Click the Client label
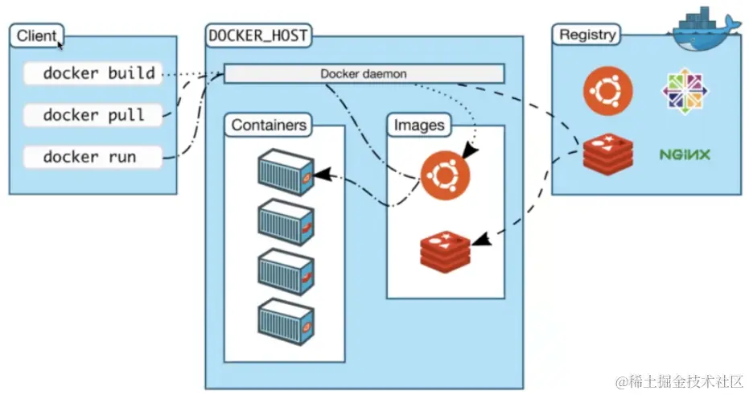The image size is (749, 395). (37, 35)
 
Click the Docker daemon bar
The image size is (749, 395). (364, 74)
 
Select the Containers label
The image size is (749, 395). (269, 125)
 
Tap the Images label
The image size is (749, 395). (418, 125)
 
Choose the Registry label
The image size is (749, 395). (587, 35)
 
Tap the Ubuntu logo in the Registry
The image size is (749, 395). (607, 89)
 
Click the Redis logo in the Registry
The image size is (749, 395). (607, 153)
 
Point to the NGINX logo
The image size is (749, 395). (685, 154)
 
